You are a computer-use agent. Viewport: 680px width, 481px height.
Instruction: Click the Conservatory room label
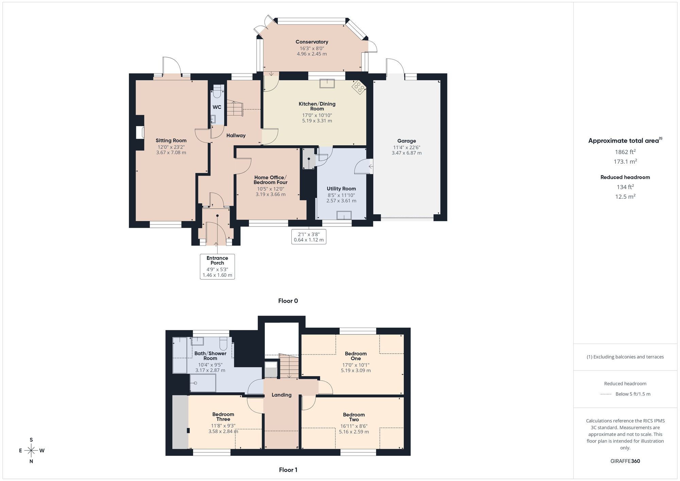(311, 42)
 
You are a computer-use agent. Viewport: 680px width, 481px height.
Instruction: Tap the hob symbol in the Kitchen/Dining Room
(359, 87)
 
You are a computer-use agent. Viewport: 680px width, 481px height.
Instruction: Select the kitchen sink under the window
(327, 83)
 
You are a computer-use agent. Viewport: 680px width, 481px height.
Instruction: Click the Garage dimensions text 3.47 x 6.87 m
(406, 153)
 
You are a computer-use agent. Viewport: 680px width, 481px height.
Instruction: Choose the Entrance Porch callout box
(217, 266)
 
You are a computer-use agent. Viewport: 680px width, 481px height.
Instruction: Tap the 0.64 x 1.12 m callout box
(309, 237)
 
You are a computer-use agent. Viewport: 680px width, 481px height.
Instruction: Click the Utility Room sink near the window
(344, 216)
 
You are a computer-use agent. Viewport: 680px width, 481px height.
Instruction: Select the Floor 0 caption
(288, 301)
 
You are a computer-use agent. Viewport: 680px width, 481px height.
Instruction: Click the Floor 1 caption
(288, 470)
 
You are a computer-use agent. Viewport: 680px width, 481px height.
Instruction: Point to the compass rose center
(31, 451)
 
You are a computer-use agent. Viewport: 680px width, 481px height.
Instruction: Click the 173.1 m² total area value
(625, 162)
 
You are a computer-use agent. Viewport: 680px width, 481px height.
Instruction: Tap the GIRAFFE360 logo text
(625, 461)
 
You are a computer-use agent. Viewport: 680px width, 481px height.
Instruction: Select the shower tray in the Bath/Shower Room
(203, 383)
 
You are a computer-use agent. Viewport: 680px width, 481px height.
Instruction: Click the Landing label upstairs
(282, 395)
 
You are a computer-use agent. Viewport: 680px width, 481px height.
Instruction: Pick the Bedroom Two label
(354, 417)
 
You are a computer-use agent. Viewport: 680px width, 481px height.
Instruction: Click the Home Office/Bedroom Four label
(270, 180)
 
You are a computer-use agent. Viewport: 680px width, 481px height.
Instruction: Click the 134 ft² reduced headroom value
(625, 187)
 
